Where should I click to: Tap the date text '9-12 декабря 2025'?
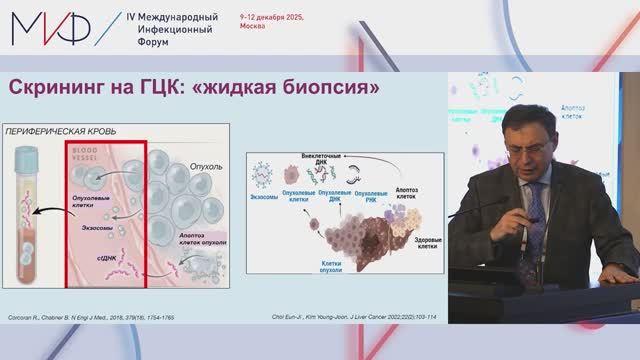(x=276, y=19)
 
